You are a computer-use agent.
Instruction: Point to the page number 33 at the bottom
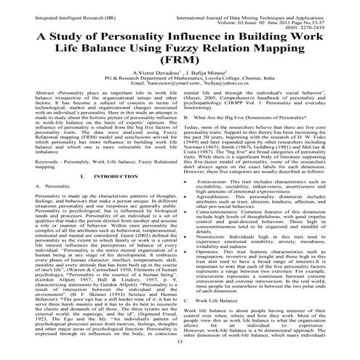180,341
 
